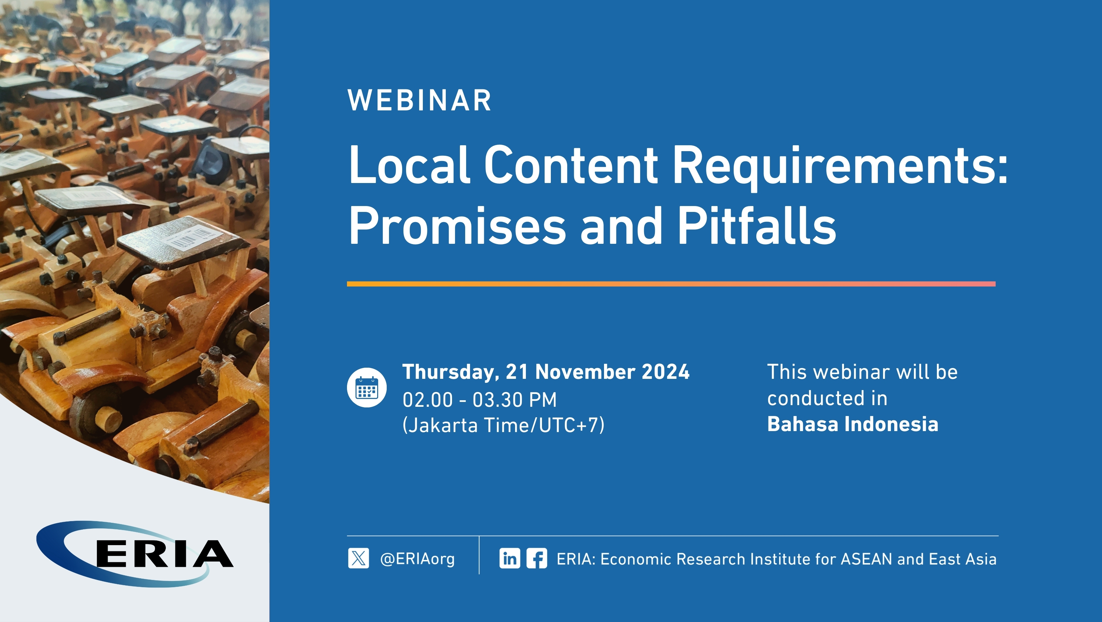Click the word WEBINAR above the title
click(x=420, y=101)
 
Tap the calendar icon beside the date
click(x=367, y=387)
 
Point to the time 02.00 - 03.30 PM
click(x=480, y=400)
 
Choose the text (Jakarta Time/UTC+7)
click(x=504, y=425)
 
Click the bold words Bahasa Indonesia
click(x=853, y=424)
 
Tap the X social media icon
click(x=358, y=558)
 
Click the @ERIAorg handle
click(x=418, y=559)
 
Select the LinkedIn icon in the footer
click(x=509, y=558)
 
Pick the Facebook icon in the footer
click(x=536, y=558)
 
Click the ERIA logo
click(x=135, y=554)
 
